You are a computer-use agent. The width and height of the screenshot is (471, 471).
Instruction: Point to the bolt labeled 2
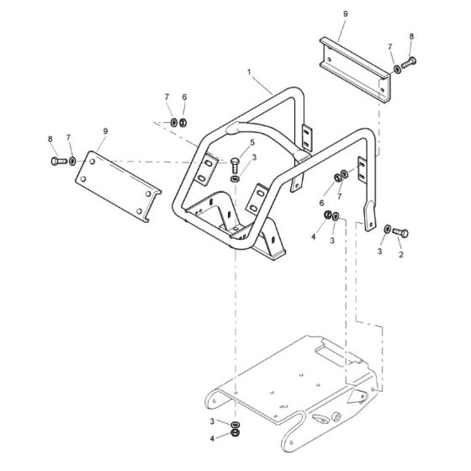403,230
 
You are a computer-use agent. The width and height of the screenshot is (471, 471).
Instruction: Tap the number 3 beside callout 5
254,157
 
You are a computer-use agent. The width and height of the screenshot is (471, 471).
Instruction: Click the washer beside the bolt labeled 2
386,229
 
